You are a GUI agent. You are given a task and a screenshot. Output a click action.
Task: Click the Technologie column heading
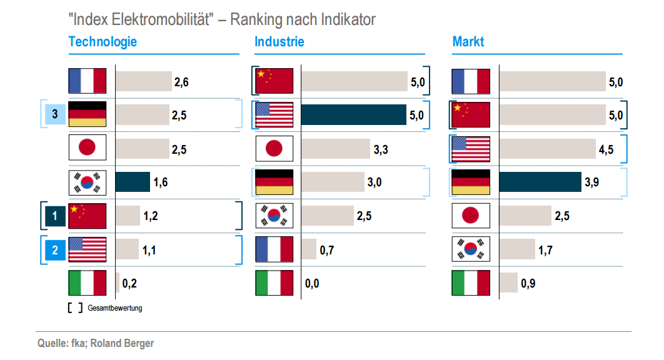(103, 42)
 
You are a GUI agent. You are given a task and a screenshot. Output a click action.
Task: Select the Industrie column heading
(279, 42)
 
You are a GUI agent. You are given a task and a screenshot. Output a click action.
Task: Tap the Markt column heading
(468, 42)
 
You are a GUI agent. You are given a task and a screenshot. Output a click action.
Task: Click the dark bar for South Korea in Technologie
(133, 182)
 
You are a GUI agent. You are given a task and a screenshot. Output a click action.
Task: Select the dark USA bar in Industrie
(354, 115)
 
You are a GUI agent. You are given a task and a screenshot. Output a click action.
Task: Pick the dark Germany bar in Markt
(540, 182)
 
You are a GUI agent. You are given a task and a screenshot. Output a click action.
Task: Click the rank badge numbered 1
(55, 216)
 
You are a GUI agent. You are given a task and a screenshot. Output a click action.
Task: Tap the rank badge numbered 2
(55, 250)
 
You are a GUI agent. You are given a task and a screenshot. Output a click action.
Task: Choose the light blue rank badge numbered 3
(55, 114)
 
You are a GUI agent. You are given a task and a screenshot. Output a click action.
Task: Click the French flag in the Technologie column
(88, 81)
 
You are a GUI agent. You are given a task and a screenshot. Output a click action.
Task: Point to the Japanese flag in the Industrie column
(274, 149)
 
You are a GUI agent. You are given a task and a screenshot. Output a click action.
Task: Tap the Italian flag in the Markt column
(471, 284)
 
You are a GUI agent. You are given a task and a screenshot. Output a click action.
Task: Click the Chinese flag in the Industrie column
(274, 81)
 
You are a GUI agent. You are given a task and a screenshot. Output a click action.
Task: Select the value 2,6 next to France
(181, 82)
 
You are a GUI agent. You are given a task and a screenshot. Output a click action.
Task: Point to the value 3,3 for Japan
(381, 149)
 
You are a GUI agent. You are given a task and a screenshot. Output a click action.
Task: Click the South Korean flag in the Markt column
(471, 250)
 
